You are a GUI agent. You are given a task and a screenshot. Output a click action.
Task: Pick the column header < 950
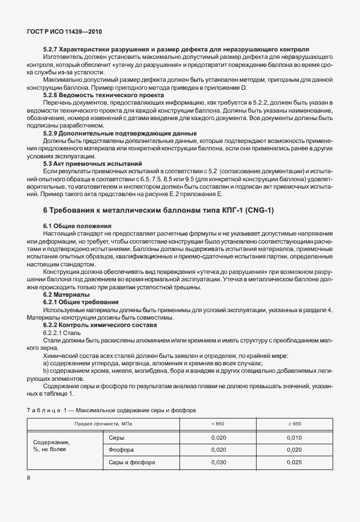217,424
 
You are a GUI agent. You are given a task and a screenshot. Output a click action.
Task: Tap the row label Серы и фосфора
131,462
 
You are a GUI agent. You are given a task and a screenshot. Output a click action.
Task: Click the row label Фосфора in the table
123,449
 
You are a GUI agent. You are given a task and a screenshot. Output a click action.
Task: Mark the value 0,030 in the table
217,462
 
